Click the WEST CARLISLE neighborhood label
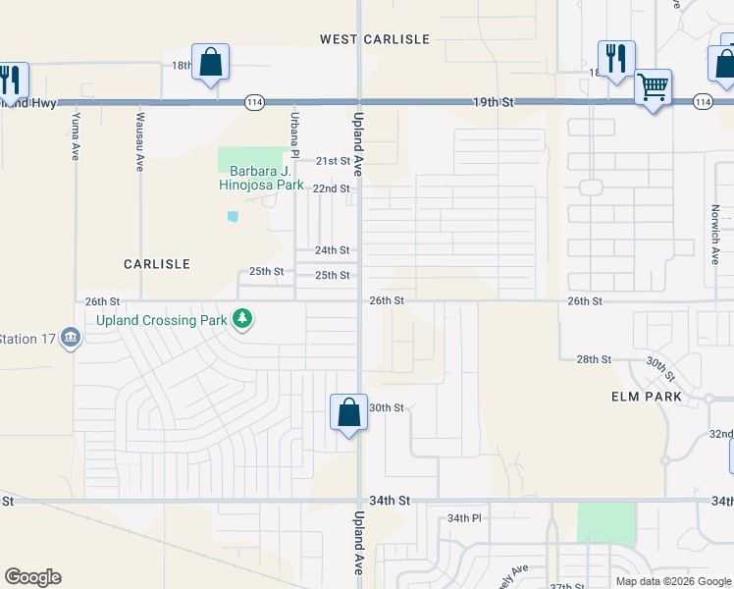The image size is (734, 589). (x=375, y=39)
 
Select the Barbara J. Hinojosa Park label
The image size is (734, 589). (x=260, y=177)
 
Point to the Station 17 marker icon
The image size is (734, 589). (x=71, y=339)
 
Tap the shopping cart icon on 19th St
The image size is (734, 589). (x=653, y=89)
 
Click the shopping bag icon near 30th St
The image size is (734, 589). (x=348, y=411)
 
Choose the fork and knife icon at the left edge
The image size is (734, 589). (x=10, y=79)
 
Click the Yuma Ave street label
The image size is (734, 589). (x=75, y=136)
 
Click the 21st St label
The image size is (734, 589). (x=332, y=160)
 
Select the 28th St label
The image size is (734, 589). (x=594, y=360)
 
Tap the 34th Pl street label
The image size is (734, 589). (x=464, y=517)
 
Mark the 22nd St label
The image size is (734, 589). (x=331, y=188)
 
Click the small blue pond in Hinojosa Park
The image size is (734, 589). (x=233, y=216)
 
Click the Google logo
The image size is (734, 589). (x=32, y=577)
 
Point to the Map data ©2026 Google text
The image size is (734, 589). (x=673, y=581)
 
